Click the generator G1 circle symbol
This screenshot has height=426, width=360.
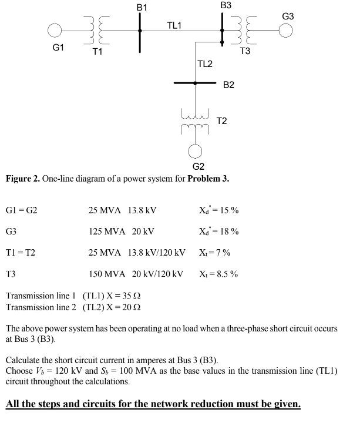pyautogui.click(x=55, y=29)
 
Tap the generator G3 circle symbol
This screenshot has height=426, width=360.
pyautogui.click(x=285, y=31)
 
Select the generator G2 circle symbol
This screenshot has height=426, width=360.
pyautogui.click(x=194, y=152)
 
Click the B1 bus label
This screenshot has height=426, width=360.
pyautogui.click(x=142, y=8)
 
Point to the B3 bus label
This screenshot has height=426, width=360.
pyautogui.click(x=226, y=5)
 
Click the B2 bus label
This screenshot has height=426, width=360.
pyautogui.click(x=229, y=85)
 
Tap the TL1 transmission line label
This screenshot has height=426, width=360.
pyautogui.click(x=174, y=25)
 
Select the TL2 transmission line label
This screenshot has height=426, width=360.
pyautogui.click(x=205, y=63)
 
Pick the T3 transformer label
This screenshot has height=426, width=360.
pyautogui.click(x=245, y=52)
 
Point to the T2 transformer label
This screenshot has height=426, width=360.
pyautogui.click(x=222, y=121)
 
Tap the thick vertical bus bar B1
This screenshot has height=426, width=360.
pyautogui.click(x=140, y=32)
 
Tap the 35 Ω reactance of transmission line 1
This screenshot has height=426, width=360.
pyautogui.click(x=131, y=296)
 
